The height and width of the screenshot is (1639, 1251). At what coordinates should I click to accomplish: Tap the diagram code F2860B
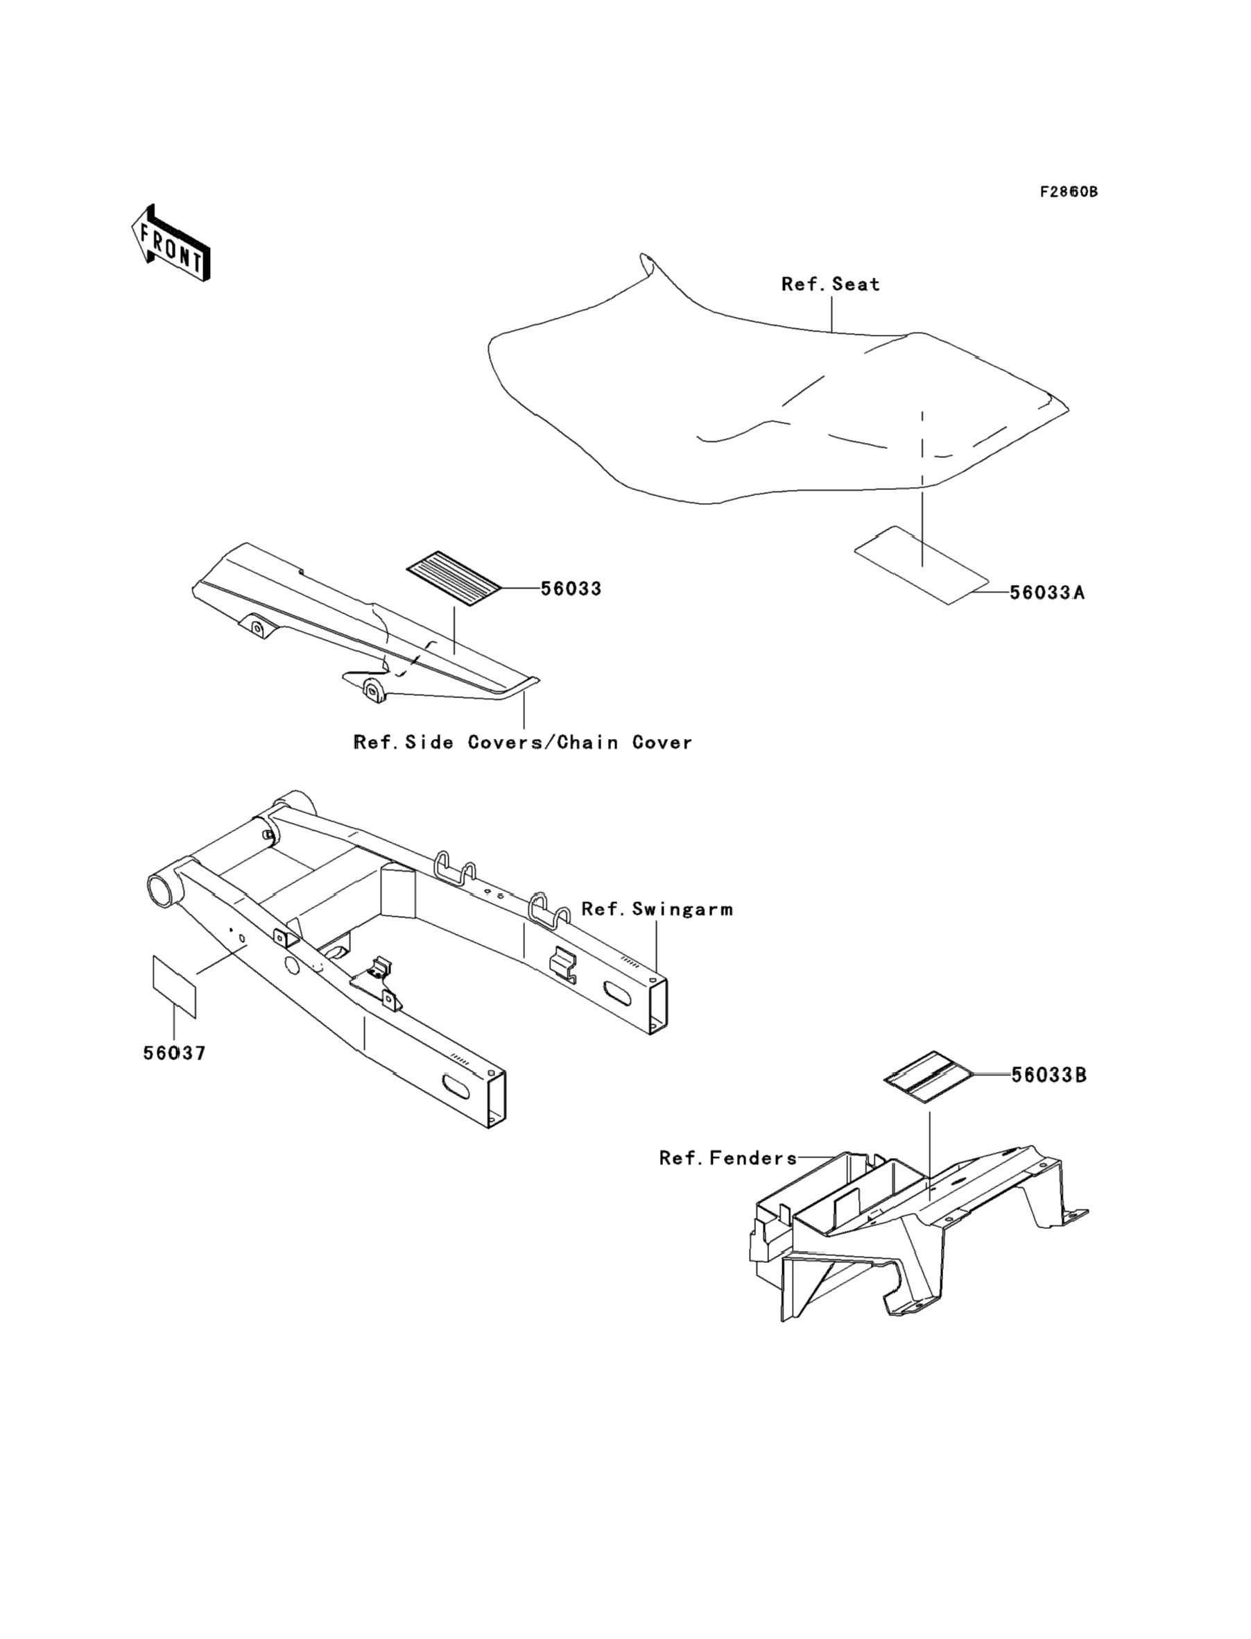pyautogui.click(x=1069, y=192)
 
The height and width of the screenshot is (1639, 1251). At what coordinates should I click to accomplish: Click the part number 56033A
pyautogui.click(x=1047, y=593)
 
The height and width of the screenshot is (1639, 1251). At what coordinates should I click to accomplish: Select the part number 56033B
pyautogui.click(x=1049, y=1076)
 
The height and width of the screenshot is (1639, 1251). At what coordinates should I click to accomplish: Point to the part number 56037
pyautogui.click(x=174, y=1053)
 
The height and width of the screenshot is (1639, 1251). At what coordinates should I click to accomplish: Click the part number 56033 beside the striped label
pyautogui.click(x=571, y=588)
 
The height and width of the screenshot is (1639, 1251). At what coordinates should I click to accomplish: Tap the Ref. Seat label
pyautogui.click(x=830, y=284)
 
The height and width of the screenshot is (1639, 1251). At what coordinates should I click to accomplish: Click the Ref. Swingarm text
pyautogui.click(x=657, y=909)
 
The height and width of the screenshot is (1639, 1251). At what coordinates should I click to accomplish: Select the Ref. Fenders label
pyautogui.click(x=727, y=1159)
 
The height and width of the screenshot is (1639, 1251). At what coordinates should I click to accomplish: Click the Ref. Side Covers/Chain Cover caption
pyautogui.click(x=523, y=742)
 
